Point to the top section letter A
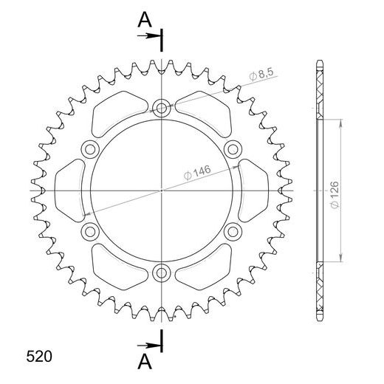point(144,20)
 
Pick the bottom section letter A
point(144,361)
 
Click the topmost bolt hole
point(162,108)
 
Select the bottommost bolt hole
point(162,274)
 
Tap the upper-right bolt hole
point(233,149)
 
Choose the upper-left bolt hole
point(90,149)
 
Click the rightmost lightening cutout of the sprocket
point(255,191)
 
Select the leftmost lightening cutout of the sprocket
point(68,191)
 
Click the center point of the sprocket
point(162,191)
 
